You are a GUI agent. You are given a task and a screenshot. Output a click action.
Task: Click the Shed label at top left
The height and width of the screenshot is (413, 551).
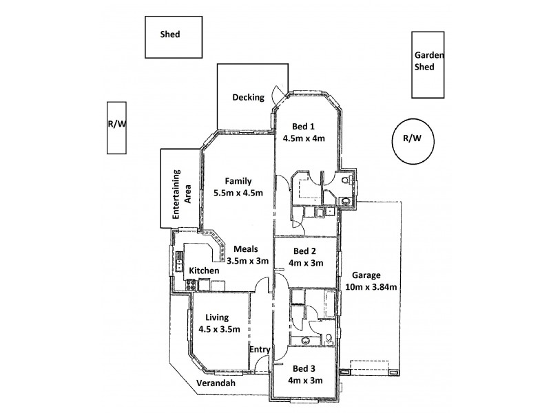tap(169, 34)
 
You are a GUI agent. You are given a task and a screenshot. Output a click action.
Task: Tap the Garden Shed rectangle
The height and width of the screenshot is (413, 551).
tap(427, 65)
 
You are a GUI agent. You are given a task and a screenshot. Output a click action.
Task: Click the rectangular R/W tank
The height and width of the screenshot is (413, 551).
tap(116, 127)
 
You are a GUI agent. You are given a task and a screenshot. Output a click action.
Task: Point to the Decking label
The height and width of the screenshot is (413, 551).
tap(248, 97)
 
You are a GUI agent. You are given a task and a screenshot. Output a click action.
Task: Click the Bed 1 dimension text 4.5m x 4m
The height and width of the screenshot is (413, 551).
tap(303, 138)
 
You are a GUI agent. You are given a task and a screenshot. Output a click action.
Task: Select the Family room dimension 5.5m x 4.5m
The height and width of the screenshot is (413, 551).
tap(238, 193)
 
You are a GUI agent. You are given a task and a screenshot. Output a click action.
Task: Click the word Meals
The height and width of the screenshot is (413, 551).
tap(245, 248)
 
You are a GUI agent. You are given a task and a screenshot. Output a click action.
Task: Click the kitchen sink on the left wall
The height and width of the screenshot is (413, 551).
tap(180, 261)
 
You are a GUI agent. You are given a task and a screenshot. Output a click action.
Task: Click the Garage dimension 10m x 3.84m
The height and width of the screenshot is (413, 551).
tap(373, 287)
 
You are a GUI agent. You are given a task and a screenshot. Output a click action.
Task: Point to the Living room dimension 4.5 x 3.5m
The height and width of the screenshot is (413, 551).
tap(218, 329)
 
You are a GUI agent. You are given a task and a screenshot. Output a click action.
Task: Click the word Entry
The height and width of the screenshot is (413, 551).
tap(260, 350)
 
